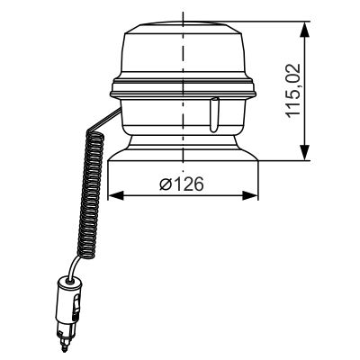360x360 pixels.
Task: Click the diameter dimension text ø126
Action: click(x=181, y=184)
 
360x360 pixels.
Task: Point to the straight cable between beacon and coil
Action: click(x=106, y=120)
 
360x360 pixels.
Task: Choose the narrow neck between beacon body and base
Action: click(x=184, y=139)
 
